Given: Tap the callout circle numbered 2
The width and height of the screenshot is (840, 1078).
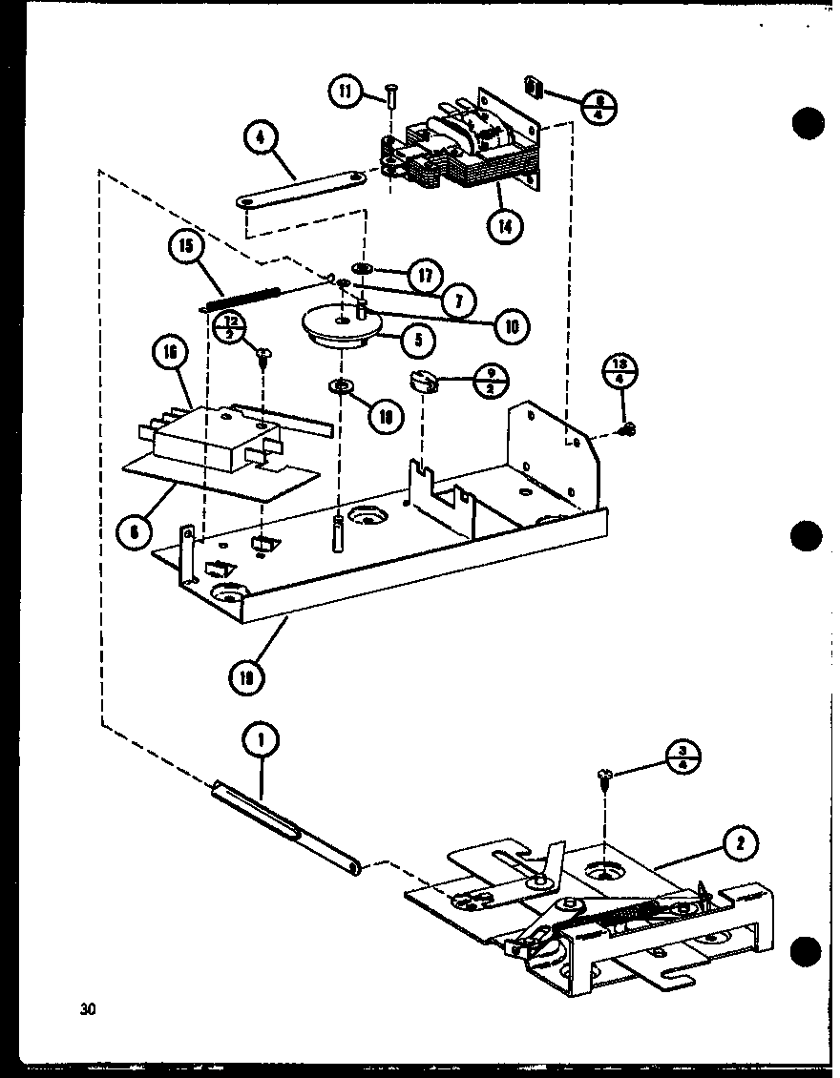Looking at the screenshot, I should click(x=740, y=843).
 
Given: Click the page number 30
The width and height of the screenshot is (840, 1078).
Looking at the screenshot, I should click(x=89, y=1008).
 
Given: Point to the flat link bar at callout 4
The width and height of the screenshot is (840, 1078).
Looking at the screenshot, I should click(x=301, y=188).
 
